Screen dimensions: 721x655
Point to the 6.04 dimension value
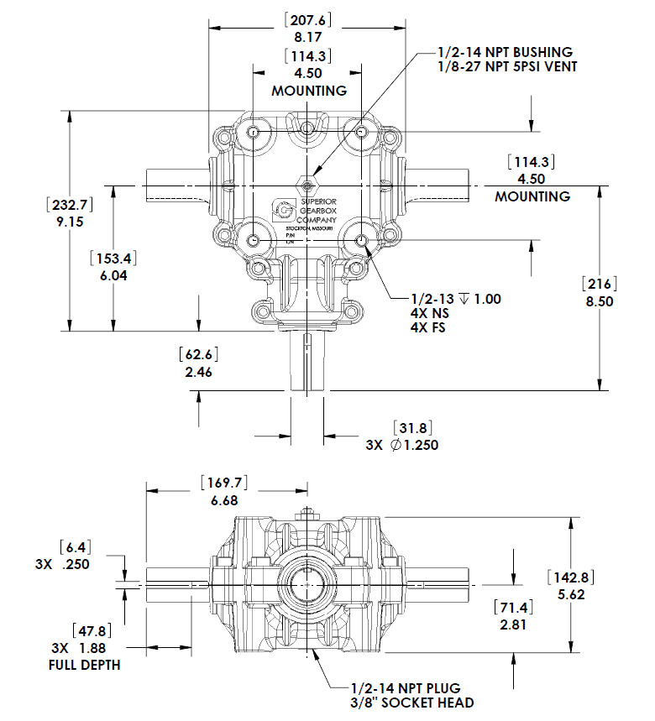click(113, 275)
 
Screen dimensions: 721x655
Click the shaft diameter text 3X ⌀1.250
click(401, 446)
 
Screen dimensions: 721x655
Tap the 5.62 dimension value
click(571, 594)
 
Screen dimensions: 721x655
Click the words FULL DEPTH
click(84, 665)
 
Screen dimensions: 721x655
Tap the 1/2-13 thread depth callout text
click(453, 299)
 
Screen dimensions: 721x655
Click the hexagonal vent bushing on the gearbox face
click(308, 184)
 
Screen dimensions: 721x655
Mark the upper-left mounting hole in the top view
click(254, 133)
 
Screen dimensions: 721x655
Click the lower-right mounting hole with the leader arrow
click(362, 241)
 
